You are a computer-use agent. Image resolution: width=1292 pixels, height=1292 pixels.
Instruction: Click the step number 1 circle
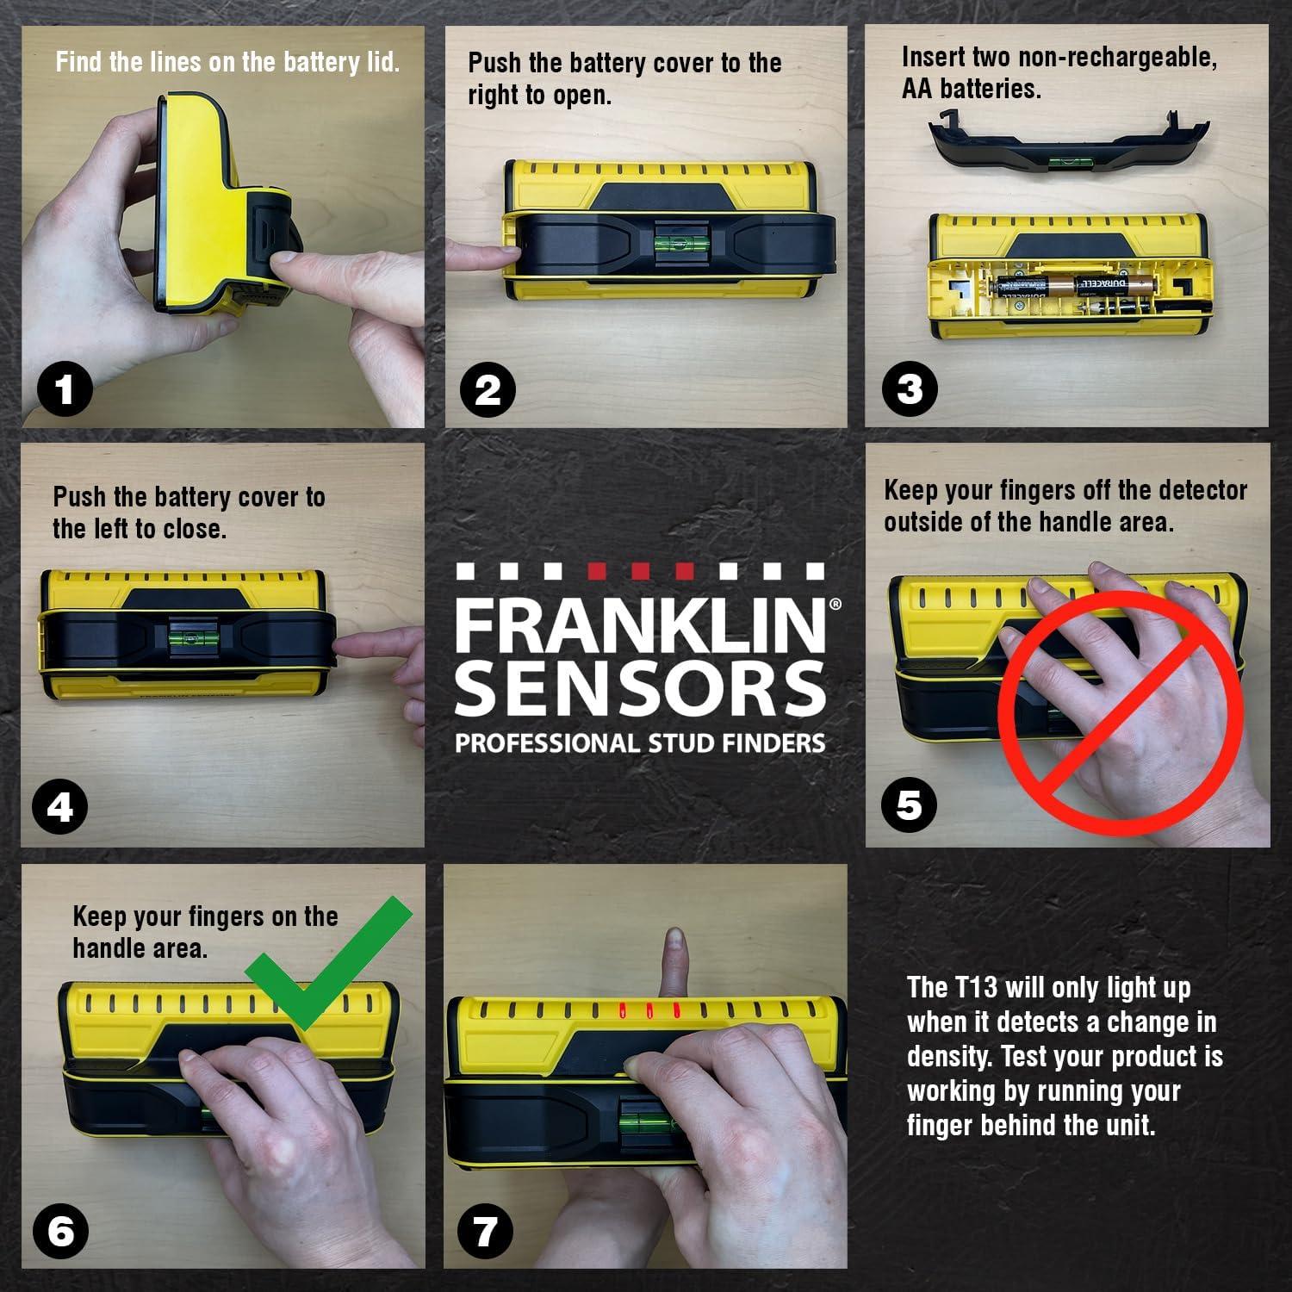65,391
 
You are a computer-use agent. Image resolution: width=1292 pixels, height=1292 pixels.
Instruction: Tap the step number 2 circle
488,390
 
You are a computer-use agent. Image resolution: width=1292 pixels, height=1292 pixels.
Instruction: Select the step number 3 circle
910,388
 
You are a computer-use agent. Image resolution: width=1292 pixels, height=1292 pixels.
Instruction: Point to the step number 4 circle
59,808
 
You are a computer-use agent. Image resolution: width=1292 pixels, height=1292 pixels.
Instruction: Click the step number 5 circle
910,805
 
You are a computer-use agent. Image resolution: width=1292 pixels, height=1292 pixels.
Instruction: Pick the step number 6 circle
60,1232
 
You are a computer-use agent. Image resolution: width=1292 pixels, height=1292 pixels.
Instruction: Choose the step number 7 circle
486,1230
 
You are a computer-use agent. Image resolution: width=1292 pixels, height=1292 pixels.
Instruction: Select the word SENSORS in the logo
639,690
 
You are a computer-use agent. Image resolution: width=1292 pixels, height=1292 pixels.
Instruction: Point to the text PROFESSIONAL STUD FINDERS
639,743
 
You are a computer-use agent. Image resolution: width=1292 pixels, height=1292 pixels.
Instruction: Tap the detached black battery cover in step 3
1068,146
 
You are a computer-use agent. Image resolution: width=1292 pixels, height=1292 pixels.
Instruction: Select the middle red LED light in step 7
650,1011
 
